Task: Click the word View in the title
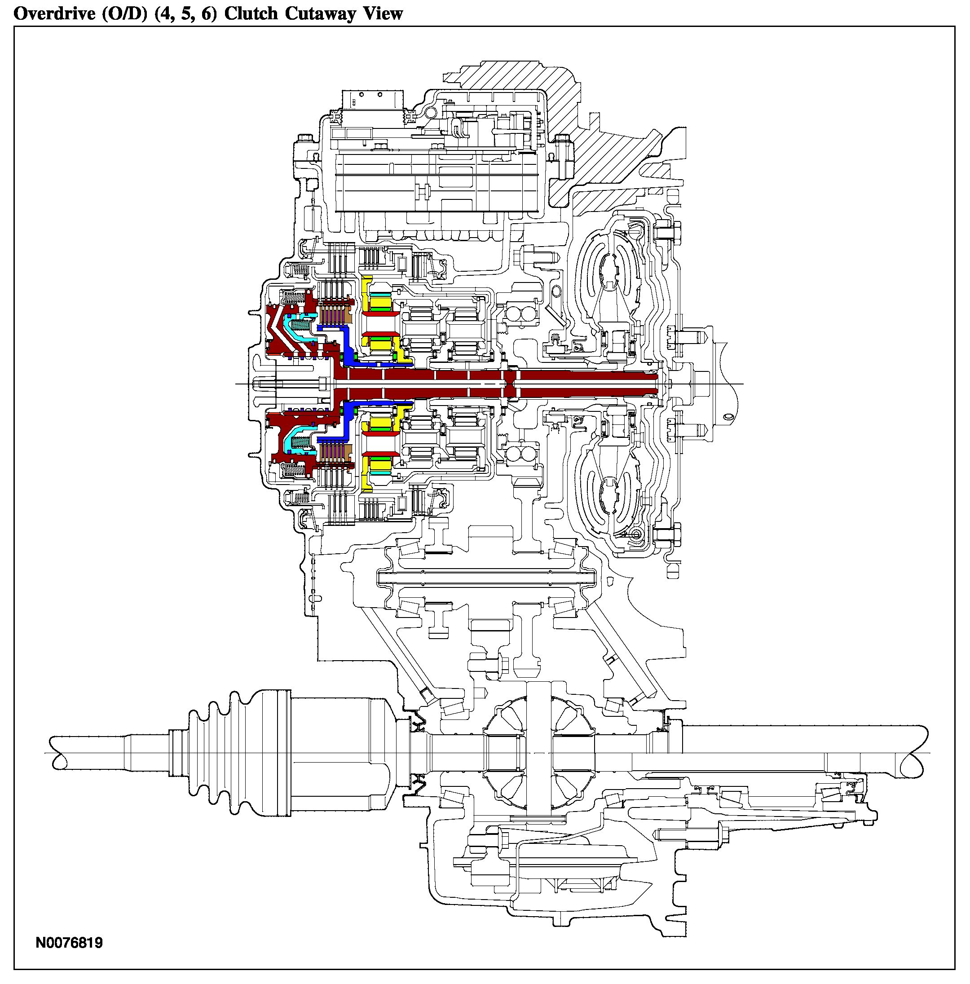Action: pos(383,14)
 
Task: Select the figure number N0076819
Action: pos(69,943)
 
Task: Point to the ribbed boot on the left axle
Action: pos(214,753)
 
